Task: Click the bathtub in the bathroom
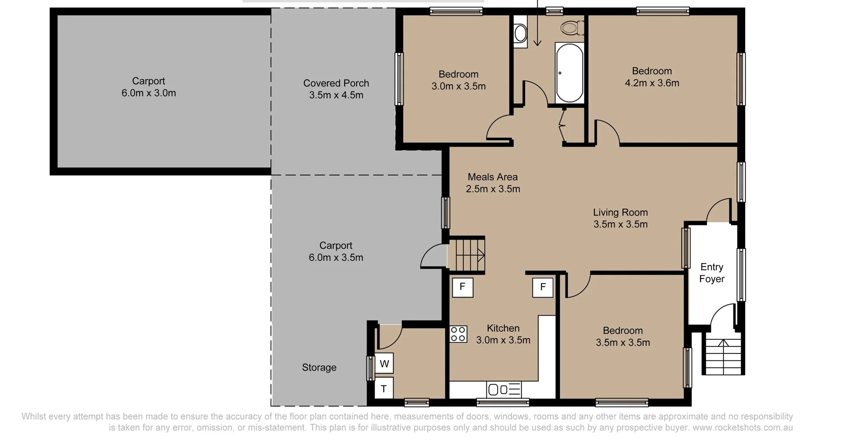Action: [x=569, y=73]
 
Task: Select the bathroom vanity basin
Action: [x=521, y=32]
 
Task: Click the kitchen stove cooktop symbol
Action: [x=458, y=334]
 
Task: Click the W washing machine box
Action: [x=384, y=363]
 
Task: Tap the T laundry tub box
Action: [x=384, y=389]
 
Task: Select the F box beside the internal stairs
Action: [x=462, y=287]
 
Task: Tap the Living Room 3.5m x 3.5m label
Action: [x=620, y=218]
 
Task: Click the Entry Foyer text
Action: [x=712, y=272]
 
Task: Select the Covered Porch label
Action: [x=336, y=89]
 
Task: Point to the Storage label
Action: [x=319, y=367]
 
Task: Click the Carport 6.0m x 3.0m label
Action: [x=148, y=87]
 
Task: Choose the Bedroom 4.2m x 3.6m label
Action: [x=652, y=77]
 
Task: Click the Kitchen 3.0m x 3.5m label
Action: [x=503, y=334]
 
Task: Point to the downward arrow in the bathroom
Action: [x=537, y=26]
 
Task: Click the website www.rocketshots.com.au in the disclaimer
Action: [x=742, y=428]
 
